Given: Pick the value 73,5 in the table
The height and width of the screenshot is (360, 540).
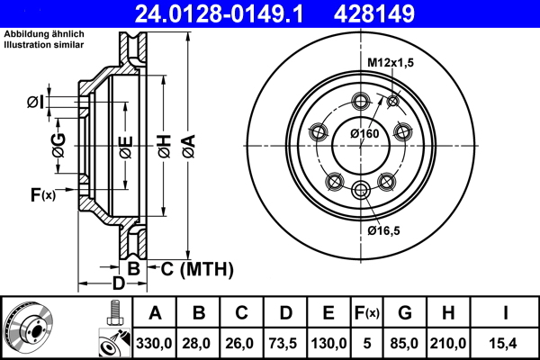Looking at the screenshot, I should pyautogui.click(x=285, y=343).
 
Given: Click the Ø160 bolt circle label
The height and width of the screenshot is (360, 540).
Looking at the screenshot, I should pyautogui.click(x=364, y=133).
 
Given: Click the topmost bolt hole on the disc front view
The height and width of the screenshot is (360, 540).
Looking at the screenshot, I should pyautogui.click(x=362, y=100).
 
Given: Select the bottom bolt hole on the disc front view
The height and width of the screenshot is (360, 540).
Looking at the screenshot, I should pyautogui.click(x=362, y=188).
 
